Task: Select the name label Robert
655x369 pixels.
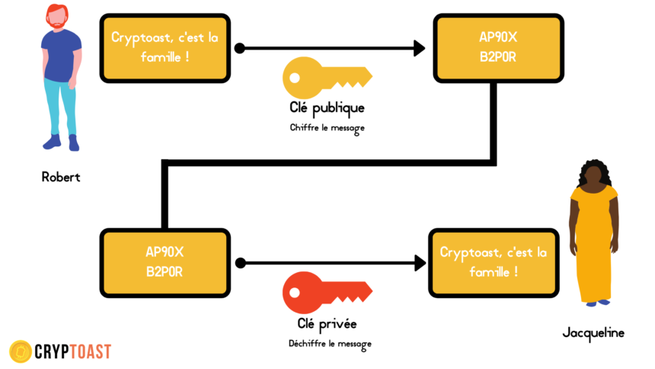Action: point(61,177)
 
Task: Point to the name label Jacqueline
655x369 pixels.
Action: point(593,333)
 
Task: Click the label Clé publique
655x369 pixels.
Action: point(327,108)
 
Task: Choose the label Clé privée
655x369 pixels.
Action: point(327,323)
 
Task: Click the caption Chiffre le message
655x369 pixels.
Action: point(327,128)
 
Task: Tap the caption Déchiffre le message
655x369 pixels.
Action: point(330,344)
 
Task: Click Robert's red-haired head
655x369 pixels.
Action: point(57,16)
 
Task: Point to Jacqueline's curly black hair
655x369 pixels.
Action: point(594,172)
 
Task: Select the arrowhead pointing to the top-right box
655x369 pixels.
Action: point(419,48)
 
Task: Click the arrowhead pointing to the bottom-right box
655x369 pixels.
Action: point(420,263)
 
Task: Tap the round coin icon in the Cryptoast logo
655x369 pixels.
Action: point(21,351)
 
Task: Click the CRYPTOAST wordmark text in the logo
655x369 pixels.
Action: point(73,351)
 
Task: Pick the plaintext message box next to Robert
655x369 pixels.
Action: point(165,48)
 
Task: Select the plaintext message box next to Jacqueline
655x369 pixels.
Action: point(494,263)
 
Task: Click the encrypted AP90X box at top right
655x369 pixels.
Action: point(498,48)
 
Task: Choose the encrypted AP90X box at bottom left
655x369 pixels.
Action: point(165,263)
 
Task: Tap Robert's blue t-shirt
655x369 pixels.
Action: point(61,55)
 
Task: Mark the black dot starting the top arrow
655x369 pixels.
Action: point(240,48)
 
